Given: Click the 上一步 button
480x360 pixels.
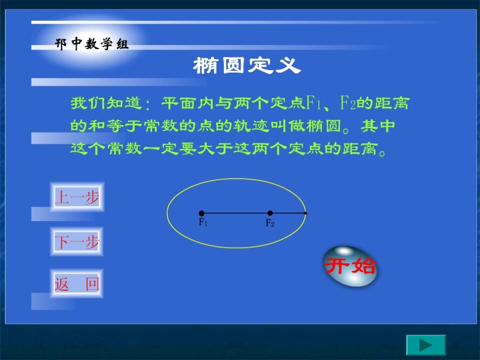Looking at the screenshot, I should (77, 198).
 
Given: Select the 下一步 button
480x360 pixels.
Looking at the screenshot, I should (77, 243).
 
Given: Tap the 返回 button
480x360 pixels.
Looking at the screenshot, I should (77, 284).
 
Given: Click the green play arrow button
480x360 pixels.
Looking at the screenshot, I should (426, 345).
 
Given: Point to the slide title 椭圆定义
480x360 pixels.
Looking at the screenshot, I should (247, 66).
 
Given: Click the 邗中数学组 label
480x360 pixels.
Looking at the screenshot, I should (92, 44).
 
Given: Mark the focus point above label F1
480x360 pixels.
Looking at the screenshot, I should (202, 214).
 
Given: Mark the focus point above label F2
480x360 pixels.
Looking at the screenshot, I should (270, 214).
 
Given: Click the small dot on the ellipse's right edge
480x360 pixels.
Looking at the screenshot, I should (306, 214).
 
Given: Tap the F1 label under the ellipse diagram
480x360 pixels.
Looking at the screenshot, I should (203, 222).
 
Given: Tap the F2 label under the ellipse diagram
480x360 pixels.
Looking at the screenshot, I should (270, 223).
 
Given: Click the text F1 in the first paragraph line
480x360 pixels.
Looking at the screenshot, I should (314, 104).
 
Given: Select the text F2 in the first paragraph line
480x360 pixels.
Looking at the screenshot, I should (348, 104).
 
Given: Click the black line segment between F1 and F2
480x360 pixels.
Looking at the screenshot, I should (236, 214).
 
